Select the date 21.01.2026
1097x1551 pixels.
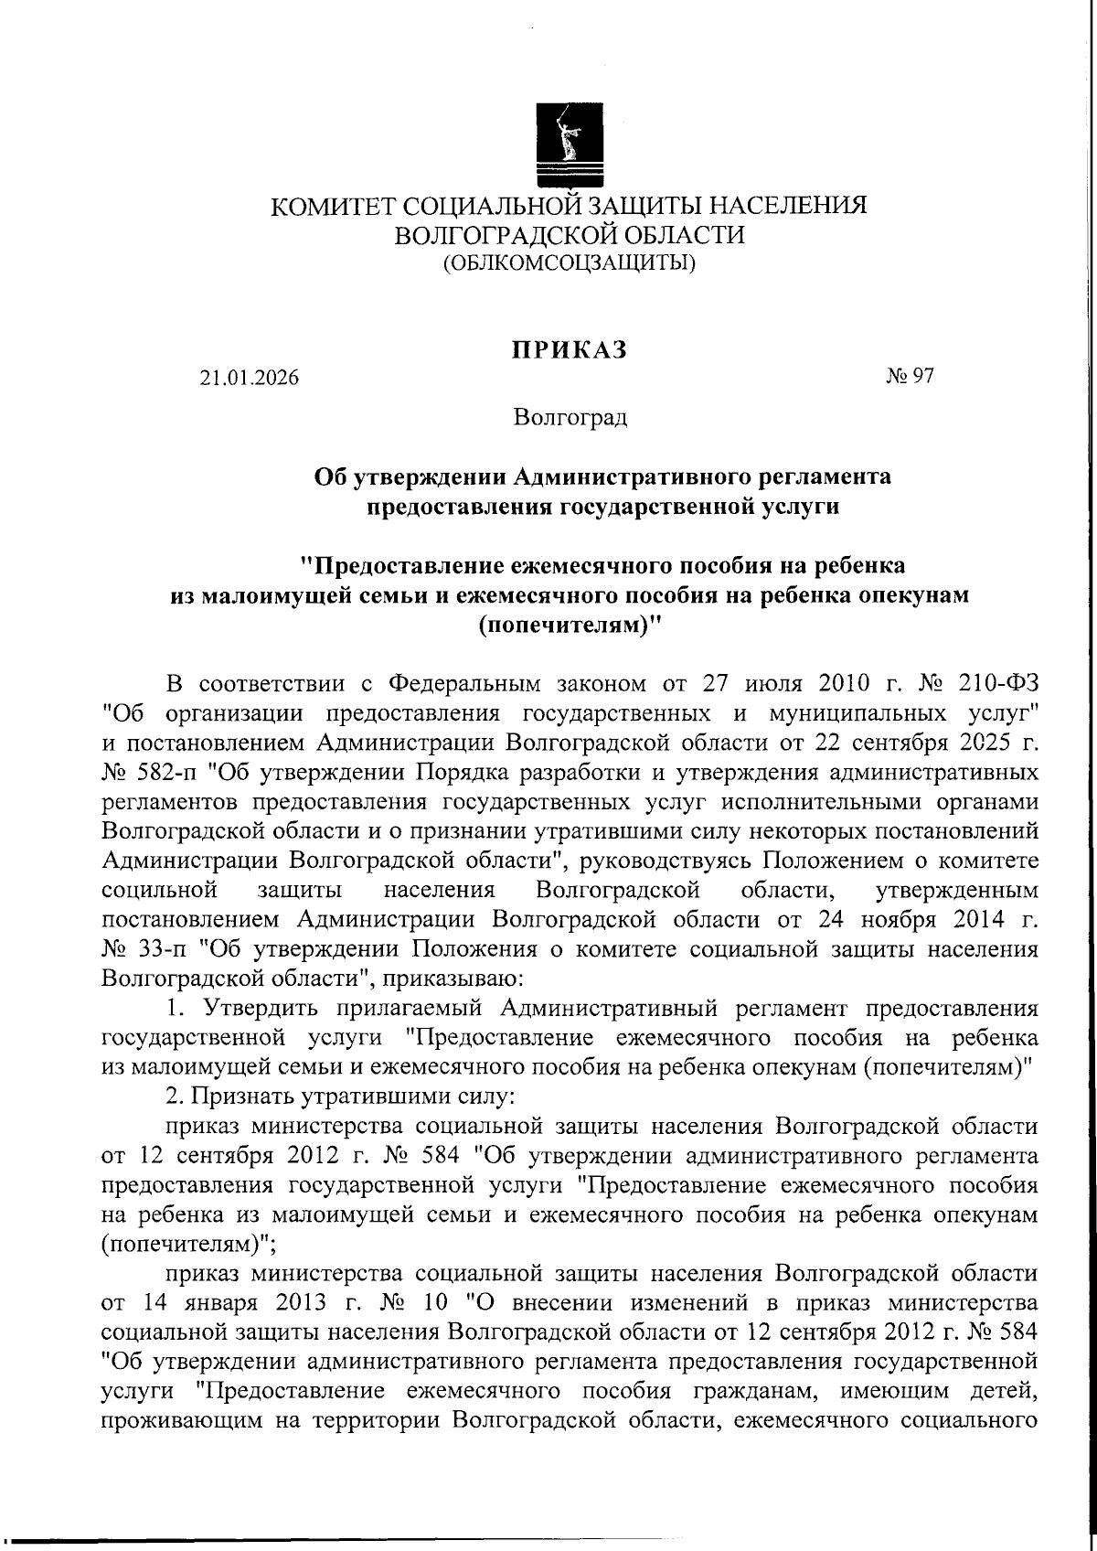(x=250, y=377)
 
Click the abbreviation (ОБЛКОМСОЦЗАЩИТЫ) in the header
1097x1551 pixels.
(x=569, y=264)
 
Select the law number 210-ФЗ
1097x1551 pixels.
(x=997, y=683)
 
